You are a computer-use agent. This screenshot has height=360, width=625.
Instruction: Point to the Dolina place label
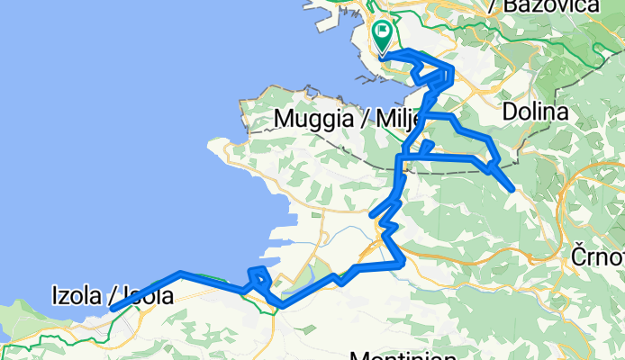(536, 112)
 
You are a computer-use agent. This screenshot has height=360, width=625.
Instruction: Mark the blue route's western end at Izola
(113, 309)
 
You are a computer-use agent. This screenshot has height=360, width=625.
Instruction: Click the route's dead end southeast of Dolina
(512, 189)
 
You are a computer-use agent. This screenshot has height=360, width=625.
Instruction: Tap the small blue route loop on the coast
(258, 276)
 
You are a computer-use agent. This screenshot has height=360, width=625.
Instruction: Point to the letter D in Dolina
(511, 112)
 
